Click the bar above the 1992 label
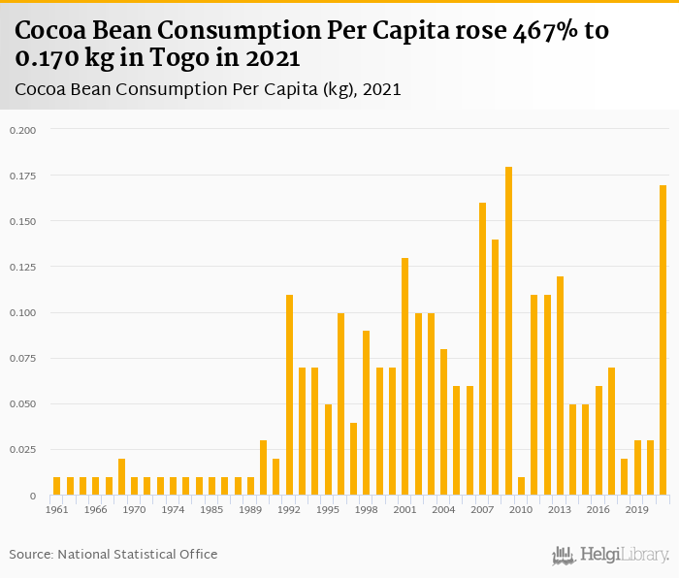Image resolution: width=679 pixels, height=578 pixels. tap(289, 395)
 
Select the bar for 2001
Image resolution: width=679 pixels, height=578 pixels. tap(404, 376)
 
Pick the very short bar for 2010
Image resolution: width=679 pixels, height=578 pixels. tap(521, 486)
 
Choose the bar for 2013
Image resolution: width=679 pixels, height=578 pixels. tap(560, 386)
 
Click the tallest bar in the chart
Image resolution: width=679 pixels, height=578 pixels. tap(508, 331)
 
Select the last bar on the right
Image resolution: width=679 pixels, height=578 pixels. tap(663, 340)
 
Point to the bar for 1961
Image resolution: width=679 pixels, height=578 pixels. tap(57, 486)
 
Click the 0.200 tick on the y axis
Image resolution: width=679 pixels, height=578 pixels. tap(22, 130)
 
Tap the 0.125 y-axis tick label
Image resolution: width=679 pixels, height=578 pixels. tap(22, 267)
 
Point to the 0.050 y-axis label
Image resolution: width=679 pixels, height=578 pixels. tap(22, 403)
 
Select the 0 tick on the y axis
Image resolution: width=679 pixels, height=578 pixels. tap(32, 496)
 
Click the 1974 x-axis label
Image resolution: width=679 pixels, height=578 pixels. tap(173, 509)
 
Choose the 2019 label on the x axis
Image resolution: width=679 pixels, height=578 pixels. tap(637, 509)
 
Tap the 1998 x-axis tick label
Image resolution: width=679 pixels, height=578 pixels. tap(366, 509)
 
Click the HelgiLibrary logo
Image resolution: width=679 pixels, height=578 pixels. tap(610, 555)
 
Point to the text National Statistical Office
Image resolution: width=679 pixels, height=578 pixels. tap(138, 554)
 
